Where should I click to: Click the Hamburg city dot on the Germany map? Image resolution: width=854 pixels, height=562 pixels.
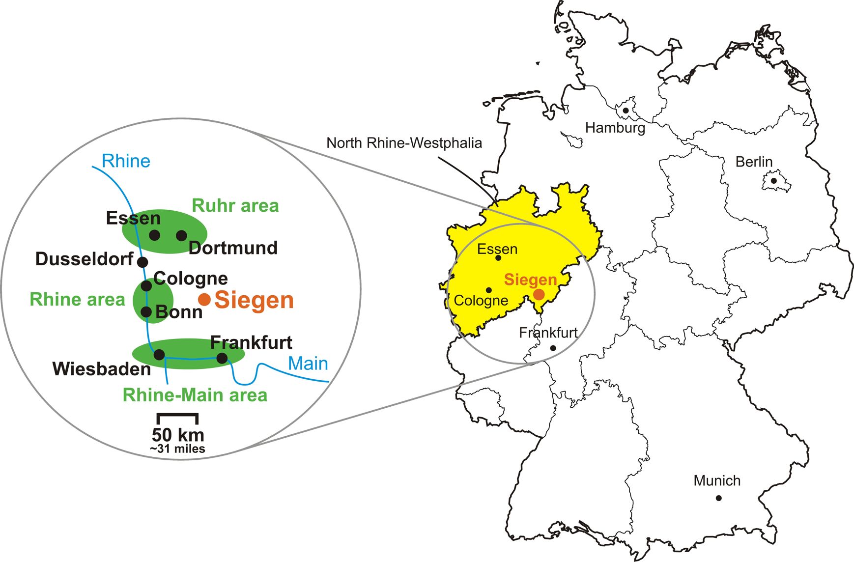click(626, 111)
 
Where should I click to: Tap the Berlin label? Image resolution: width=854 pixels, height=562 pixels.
click(754, 162)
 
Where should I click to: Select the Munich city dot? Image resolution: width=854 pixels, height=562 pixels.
click(718, 498)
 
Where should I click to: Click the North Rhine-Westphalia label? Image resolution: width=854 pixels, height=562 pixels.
click(404, 143)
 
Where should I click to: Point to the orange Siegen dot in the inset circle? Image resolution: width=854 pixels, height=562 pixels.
click(204, 299)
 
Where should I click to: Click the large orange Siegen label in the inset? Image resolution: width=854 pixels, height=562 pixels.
click(254, 300)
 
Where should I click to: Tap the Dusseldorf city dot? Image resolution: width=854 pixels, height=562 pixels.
click(142, 262)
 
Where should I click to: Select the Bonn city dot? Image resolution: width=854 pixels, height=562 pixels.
click(146, 311)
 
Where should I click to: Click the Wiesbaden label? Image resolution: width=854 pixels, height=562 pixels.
click(102, 369)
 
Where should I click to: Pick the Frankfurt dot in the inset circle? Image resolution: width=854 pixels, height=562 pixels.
click(222, 358)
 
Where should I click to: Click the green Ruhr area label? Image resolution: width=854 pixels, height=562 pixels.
click(235, 205)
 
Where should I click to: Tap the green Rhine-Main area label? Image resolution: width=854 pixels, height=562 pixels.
click(195, 395)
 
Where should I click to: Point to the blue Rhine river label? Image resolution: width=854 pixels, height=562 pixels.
click(126, 161)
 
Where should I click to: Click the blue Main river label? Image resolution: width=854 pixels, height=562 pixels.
click(308, 364)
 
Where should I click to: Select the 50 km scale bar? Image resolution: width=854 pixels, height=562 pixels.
click(177, 418)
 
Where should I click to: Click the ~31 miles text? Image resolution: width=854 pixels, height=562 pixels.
click(177, 449)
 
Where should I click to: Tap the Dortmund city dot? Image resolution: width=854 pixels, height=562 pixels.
click(181, 235)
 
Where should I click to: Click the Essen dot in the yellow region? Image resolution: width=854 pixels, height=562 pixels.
click(498, 258)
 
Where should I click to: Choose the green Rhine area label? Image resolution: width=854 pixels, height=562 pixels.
click(78, 299)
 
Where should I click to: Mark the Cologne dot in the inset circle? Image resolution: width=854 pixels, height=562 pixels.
click(146, 285)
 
